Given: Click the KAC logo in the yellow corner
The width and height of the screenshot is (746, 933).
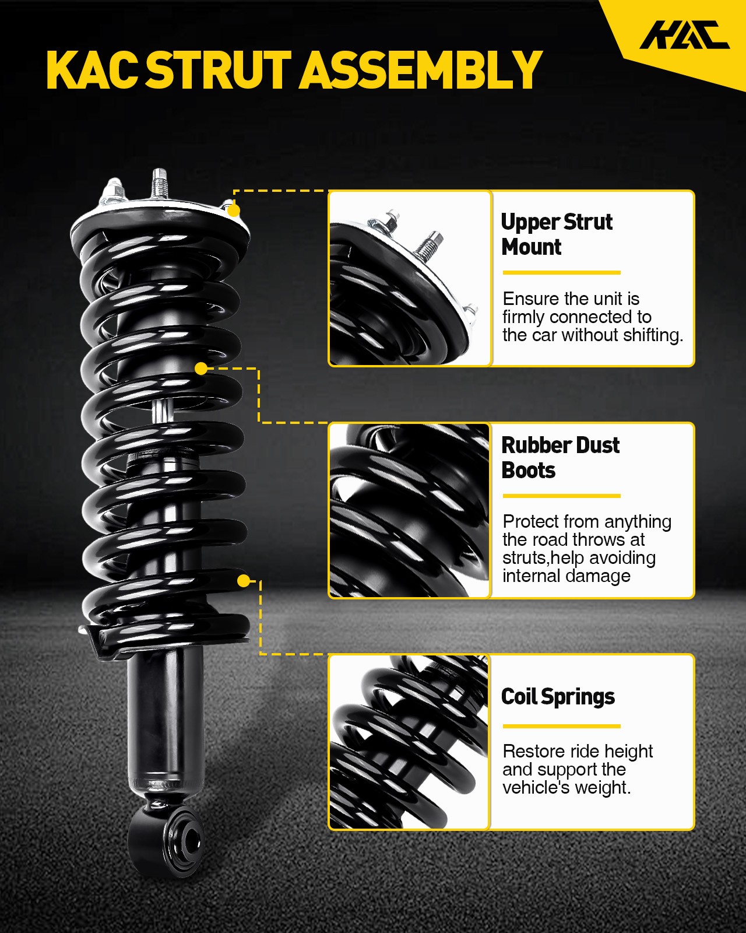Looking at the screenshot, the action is point(684,34).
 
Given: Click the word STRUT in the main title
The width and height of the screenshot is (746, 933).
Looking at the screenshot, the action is point(219,70).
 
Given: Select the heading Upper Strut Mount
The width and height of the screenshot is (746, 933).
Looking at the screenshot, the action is point(557,234).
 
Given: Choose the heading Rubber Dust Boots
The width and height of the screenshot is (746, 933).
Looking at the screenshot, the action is point(560,457).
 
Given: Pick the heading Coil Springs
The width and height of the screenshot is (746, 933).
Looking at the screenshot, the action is point(558,697).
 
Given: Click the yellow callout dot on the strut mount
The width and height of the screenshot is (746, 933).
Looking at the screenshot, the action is point(234,211).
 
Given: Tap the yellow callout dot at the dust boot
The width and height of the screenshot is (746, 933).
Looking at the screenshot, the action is point(201,369).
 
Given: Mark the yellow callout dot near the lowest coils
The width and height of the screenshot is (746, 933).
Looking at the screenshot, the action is point(244,581).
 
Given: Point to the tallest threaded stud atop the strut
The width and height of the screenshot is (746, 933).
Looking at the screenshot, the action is point(160,184).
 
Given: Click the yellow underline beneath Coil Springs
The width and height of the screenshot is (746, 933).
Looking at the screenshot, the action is point(562,726).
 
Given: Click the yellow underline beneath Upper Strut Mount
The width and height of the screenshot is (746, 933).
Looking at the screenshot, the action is point(562,273).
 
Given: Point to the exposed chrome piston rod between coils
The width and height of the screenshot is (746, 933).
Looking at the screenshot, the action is point(163,410).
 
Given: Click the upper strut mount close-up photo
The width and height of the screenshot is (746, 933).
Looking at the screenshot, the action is point(410,278).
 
